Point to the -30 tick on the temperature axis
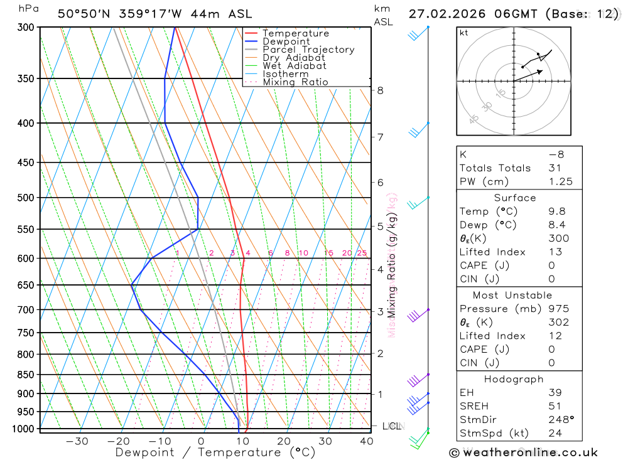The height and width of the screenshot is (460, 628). coord(77,441)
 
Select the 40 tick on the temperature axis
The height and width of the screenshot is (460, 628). coord(366,441)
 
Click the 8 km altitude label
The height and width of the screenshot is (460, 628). coord(380,90)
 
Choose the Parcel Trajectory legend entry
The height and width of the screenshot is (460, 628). coord(308,50)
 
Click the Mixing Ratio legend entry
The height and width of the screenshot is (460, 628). coord(295,82)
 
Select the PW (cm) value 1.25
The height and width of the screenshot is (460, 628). coord(559,181)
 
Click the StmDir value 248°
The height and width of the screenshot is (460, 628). coord(558,420)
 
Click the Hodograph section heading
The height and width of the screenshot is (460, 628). coord(514,379)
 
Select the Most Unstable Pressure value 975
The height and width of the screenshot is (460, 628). coord(558,309)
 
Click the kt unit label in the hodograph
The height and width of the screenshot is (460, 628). coord(464,33)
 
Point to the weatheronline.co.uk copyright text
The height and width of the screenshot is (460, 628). coord(523,452)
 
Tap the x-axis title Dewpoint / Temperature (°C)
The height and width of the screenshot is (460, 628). coord(215,452)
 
